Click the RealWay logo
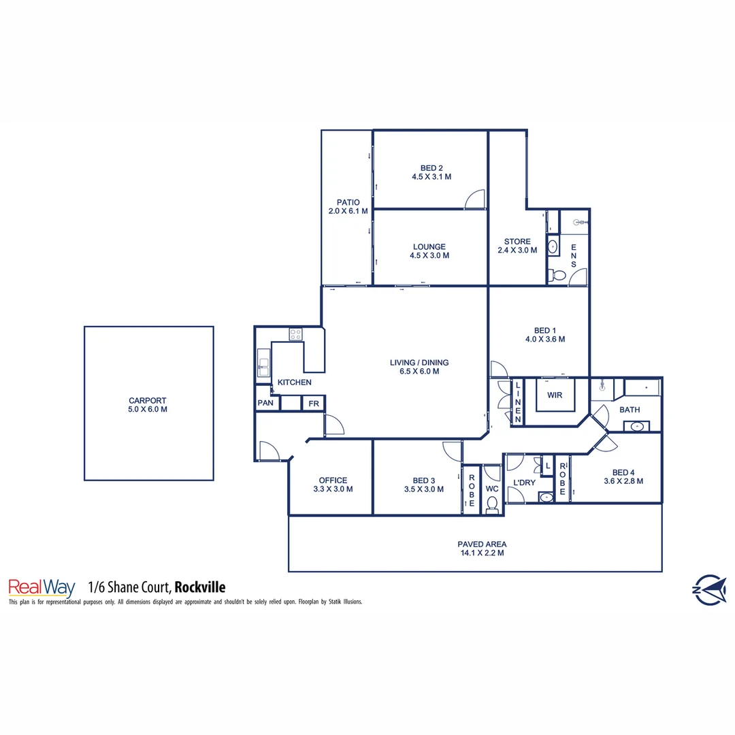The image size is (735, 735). coord(41,587)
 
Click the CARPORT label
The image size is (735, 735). coord(148,401)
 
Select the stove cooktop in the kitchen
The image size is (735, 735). coord(296,334)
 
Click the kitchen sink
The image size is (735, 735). coord(264,363)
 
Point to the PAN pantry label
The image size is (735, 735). coord(265,404)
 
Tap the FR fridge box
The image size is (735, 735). coord(314,404)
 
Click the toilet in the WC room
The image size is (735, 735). coord(492,504)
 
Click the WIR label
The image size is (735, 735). coord(555,395)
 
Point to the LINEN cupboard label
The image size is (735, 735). coord(517,402)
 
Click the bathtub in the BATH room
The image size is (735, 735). coord(642,389)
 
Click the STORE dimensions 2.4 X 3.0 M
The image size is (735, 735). coord(517,250)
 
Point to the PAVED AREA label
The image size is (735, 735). coord(481,544)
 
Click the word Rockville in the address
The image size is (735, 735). coord(200,587)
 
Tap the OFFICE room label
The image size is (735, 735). coord(333,480)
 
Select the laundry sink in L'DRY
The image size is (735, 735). coord(546,497)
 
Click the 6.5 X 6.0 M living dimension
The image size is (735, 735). coord(419,372)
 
